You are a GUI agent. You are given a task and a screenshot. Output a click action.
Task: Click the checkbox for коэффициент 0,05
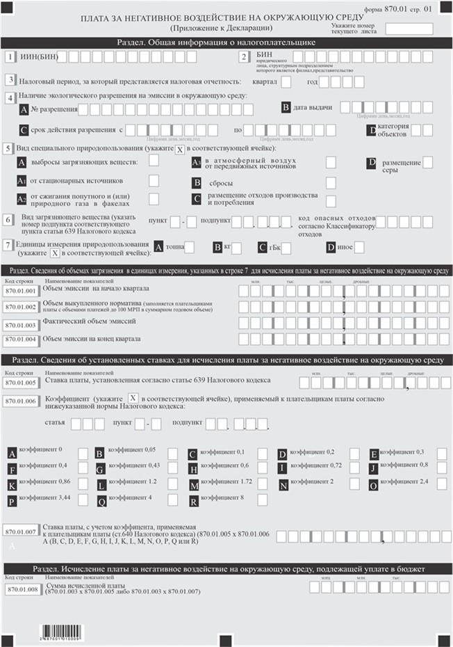click(172, 454)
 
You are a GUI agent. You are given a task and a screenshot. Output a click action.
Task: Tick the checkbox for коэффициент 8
click(263, 500)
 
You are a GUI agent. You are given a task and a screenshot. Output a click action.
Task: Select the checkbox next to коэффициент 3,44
click(83, 500)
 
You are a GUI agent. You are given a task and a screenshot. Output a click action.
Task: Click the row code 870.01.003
click(20, 325)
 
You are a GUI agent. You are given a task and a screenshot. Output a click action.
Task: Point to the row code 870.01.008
click(20, 589)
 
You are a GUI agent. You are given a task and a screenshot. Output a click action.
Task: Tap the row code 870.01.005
click(20, 383)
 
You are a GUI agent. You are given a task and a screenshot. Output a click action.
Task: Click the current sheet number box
click(409, 29)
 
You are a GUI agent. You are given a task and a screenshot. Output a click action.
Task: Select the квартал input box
click(286, 82)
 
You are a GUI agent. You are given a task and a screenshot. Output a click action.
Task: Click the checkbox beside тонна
click(190, 247)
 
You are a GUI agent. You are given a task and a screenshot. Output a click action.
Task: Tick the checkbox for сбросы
click(331, 183)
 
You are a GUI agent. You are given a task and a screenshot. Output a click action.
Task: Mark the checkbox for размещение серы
click(428, 162)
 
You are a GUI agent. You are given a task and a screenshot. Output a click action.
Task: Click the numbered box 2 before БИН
click(244, 57)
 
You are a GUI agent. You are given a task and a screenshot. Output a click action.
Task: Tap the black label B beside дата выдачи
click(285, 108)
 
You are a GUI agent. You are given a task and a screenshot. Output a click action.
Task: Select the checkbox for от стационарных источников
click(154, 181)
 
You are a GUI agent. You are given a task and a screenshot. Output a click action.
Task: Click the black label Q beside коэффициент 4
click(101, 500)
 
